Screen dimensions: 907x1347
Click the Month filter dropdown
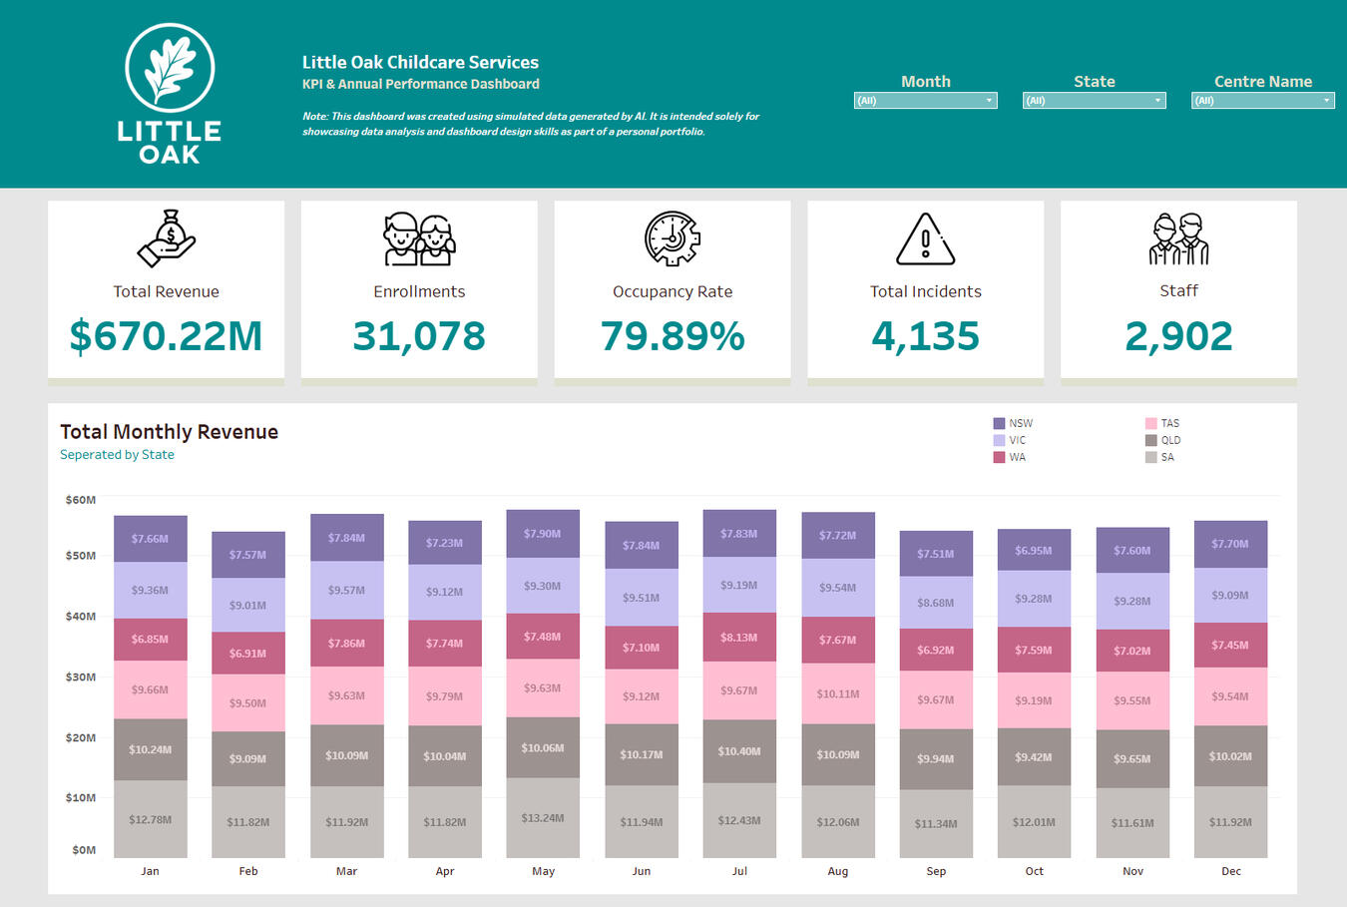pyautogui.click(x=925, y=101)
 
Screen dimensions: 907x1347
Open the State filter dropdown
pyautogui.click(x=1094, y=101)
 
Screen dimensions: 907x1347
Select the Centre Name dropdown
pyautogui.click(x=1262, y=101)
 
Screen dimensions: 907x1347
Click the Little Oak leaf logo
pyautogui.click(x=170, y=68)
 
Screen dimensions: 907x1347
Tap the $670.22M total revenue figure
pyautogui.click(x=166, y=336)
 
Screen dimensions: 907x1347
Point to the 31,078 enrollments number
pyautogui.click(x=419, y=336)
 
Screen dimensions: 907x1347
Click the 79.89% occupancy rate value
pyautogui.click(x=673, y=336)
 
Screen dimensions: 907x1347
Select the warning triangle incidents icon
pyautogui.click(x=925, y=239)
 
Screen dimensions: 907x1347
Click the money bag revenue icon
pyautogui.click(x=167, y=238)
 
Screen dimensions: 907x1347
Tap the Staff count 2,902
pyautogui.click(x=1178, y=336)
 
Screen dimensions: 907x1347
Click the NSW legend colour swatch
pyautogui.click(x=999, y=423)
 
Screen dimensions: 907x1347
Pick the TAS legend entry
pyautogui.click(x=1162, y=423)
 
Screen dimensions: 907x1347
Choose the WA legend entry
pyautogui.click(x=1010, y=457)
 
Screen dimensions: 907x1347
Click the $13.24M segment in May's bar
pyautogui.click(x=543, y=817)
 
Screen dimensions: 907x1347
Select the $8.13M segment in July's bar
pyautogui.click(x=739, y=637)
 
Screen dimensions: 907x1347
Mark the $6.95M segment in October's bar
pyautogui.click(x=1034, y=550)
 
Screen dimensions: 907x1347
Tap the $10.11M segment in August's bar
pyautogui.click(x=838, y=693)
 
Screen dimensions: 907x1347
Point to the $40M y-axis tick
pyautogui.click(x=81, y=617)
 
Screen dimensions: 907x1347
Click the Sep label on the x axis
pyautogui.click(x=936, y=871)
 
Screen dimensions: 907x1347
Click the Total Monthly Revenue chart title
pyautogui.click(x=169, y=432)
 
